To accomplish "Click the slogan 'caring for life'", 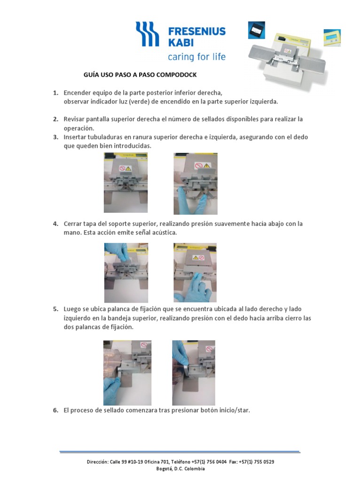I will click(196, 57).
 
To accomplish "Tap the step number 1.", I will click(55, 93).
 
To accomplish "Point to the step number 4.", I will click(55, 224).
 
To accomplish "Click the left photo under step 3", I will click(126, 183).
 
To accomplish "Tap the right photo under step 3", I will click(195, 184).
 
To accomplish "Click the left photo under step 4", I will click(126, 273).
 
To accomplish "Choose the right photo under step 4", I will click(195, 273).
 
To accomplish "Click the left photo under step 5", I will click(127, 373).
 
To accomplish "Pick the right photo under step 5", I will click(194, 373).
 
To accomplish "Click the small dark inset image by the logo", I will click(256, 30).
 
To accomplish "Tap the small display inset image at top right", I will click(332, 38).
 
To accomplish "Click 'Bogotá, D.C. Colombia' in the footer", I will click(180, 468).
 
